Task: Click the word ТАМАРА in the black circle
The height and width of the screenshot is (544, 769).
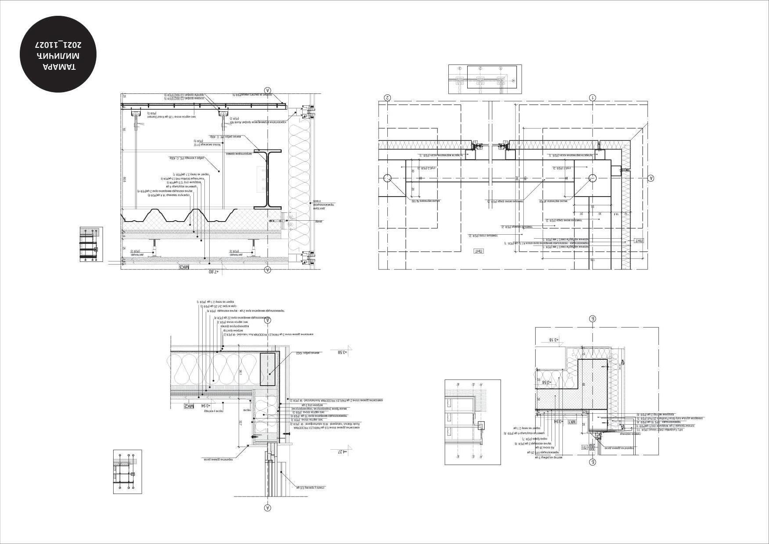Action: (x=59, y=67)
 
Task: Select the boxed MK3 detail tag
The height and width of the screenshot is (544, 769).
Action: (x=184, y=266)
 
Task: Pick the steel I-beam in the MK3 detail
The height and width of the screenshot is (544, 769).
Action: (x=266, y=179)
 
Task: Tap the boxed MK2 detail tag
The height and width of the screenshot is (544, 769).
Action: (x=188, y=406)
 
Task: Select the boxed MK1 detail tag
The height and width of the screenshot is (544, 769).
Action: (x=572, y=422)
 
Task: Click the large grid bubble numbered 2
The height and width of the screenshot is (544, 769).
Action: (x=387, y=97)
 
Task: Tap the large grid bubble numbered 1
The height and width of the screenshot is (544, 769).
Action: (x=592, y=97)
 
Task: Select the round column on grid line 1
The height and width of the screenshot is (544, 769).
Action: (x=592, y=178)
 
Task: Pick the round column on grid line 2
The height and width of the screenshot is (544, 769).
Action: (x=387, y=178)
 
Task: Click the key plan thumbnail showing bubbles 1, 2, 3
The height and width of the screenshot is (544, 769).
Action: (x=485, y=79)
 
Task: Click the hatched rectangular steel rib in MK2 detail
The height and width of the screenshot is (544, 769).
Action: (x=268, y=369)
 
